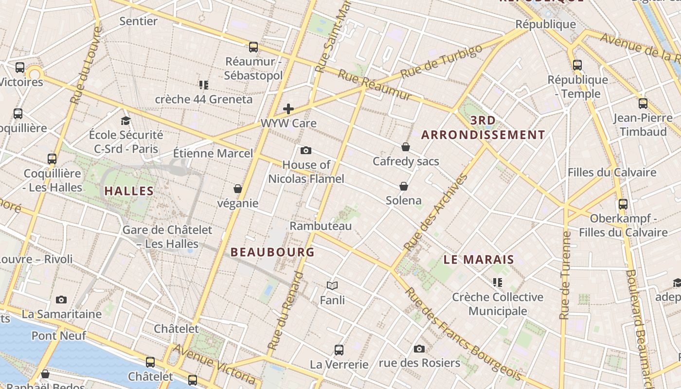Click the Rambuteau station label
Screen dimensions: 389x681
coord(321,226)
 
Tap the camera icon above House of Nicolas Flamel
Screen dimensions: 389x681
coord(306,150)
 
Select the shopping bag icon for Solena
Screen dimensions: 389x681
coord(403,186)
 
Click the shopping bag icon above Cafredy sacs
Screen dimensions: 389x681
coord(406,147)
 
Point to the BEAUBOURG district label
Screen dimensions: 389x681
coord(272,252)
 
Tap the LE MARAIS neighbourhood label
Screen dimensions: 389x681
coord(479,260)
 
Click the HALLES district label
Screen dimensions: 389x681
coord(129,191)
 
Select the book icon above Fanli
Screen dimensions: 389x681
coord(332,286)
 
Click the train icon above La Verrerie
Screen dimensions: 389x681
coord(339,350)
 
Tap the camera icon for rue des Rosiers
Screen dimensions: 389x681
coord(419,349)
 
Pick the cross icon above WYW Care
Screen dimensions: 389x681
coord(288,109)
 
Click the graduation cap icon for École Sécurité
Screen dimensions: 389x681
coord(126,121)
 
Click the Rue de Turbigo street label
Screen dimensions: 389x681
coord(442,61)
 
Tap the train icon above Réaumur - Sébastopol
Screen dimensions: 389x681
coord(253,47)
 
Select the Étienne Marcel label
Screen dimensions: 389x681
coord(213,154)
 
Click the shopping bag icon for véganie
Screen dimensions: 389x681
coord(238,189)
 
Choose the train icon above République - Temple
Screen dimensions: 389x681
coord(577,65)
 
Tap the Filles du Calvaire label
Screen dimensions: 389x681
coord(612,173)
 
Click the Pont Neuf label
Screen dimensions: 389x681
coord(58,336)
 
